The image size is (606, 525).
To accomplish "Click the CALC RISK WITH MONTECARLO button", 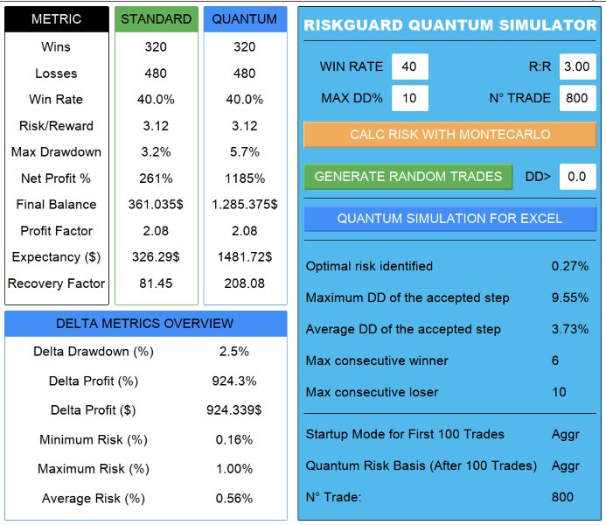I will (449, 135).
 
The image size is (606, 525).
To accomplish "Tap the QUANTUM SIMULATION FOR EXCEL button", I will (449, 218).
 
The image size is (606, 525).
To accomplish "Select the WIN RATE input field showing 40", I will (409, 66).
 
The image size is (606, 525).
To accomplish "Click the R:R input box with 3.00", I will (577, 66).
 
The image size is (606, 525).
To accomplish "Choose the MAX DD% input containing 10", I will (409, 97).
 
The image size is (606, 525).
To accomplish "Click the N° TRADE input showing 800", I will (577, 97).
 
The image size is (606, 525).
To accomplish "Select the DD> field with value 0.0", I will (577, 177).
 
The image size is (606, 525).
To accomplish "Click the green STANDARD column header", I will (157, 19).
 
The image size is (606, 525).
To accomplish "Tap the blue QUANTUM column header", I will (245, 19).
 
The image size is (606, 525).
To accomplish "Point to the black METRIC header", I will (56, 19).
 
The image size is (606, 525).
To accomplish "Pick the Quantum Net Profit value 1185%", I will (245, 178).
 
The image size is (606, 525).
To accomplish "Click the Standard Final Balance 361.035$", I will (157, 205).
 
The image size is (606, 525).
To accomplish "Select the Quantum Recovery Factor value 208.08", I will (245, 283).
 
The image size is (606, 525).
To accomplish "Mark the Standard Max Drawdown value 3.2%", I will (157, 152).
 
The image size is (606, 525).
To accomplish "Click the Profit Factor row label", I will (56, 231).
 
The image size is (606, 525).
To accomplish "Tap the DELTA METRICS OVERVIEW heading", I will (145, 324).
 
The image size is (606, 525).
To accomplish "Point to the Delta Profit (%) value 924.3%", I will (234, 381).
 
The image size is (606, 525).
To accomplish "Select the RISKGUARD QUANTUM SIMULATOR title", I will (449, 25).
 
